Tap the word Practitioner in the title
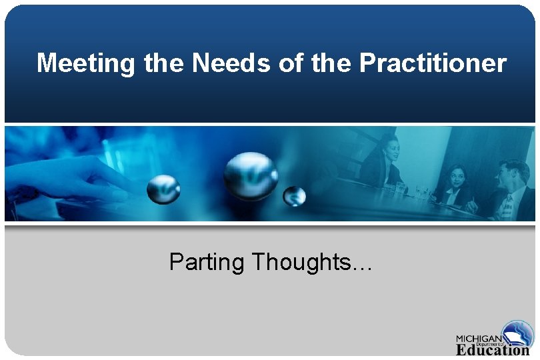point(433,64)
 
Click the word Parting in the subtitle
point(207,263)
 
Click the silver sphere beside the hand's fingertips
point(163,189)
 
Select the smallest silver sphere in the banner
point(294,196)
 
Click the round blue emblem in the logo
point(518,333)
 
